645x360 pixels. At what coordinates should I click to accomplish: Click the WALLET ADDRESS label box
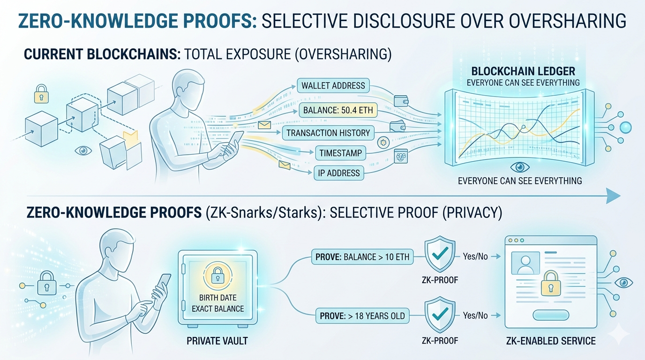click(x=333, y=86)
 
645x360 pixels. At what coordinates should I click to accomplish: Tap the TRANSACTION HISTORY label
click(x=328, y=133)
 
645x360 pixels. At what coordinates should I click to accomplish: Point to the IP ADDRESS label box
click(x=339, y=173)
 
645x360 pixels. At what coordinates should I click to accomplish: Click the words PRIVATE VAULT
click(x=217, y=341)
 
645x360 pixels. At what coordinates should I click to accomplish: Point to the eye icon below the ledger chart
click(x=519, y=167)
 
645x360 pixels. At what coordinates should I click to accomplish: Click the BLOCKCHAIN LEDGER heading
click(x=523, y=72)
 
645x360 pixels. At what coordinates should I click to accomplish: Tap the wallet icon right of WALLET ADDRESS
click(x=401, y=101)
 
